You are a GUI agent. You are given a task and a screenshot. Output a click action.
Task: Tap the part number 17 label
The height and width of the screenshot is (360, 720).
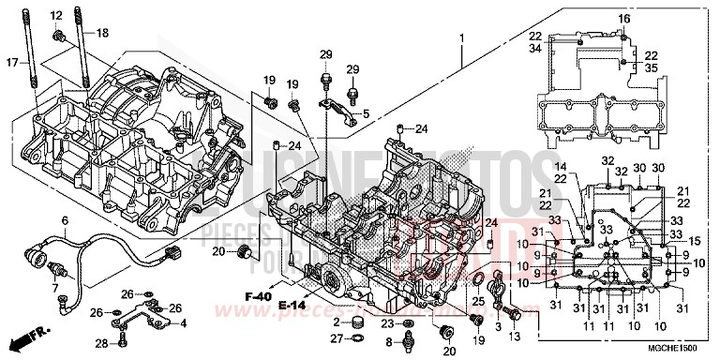[12, 64]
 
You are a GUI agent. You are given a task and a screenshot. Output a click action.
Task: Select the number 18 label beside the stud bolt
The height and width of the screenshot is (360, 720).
[102, 33]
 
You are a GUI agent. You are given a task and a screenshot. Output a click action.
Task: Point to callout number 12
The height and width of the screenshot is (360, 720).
[55, 15]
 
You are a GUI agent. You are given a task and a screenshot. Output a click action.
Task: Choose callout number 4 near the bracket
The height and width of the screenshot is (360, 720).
[183, 323]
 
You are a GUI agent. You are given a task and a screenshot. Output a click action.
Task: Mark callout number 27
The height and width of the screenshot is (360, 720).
[334, 340]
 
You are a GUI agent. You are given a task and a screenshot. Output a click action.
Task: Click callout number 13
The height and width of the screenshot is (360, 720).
[513, 335]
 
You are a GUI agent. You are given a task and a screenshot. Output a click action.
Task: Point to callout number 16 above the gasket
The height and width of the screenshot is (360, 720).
[623, 20]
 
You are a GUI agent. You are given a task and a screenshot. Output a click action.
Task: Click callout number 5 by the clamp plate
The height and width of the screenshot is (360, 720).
[367, 113]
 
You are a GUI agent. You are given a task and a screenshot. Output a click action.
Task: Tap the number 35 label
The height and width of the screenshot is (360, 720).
[651, 68]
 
